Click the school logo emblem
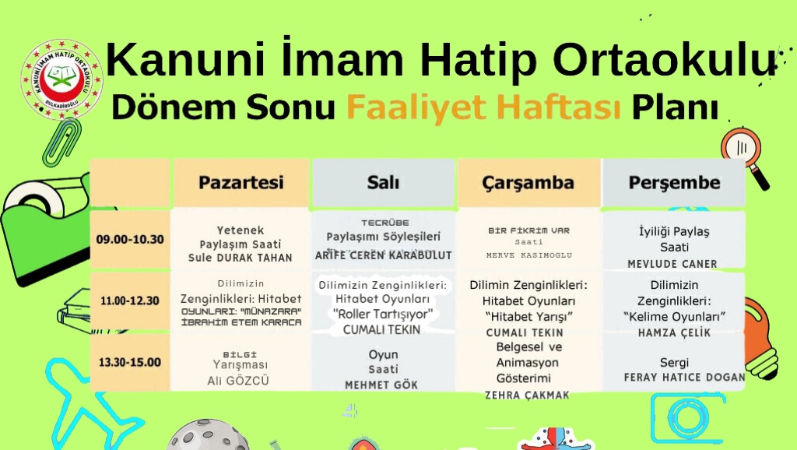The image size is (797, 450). pyautogui.click(x=62, y=79)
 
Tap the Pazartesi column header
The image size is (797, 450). pyautogui.click(x=241, y=182)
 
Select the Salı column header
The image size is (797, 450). pyautogui.click(x=383, y=182)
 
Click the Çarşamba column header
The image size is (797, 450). pyautogui.click(x=528, y=182)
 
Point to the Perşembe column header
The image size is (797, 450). pyautogui.click(x=674, y=182)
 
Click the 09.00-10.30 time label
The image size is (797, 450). pyautogui.click(x=130, y=239)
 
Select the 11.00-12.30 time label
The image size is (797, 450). pyautogui.click(x=130, y=301)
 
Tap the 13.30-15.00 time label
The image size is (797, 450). pyautogui.click(x=130, y=362)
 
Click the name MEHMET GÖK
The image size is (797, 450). pyautogui.click(x=381, y=385)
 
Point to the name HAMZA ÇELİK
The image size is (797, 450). pyautogui.click(x=674, y=332)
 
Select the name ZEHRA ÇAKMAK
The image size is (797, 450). pyautogui.click(x=527, y=395)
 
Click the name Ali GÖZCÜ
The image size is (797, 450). pyautogui.click(x=238, y=381)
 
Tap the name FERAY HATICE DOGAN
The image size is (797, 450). pyautogui.click(x=684, y=378)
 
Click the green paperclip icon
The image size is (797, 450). pyautogui.click(x=61, y=143)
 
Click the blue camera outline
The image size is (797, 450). pyautogui.click(x=687, y=417)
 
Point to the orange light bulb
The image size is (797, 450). pyautogui.click(x=760, y=338)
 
